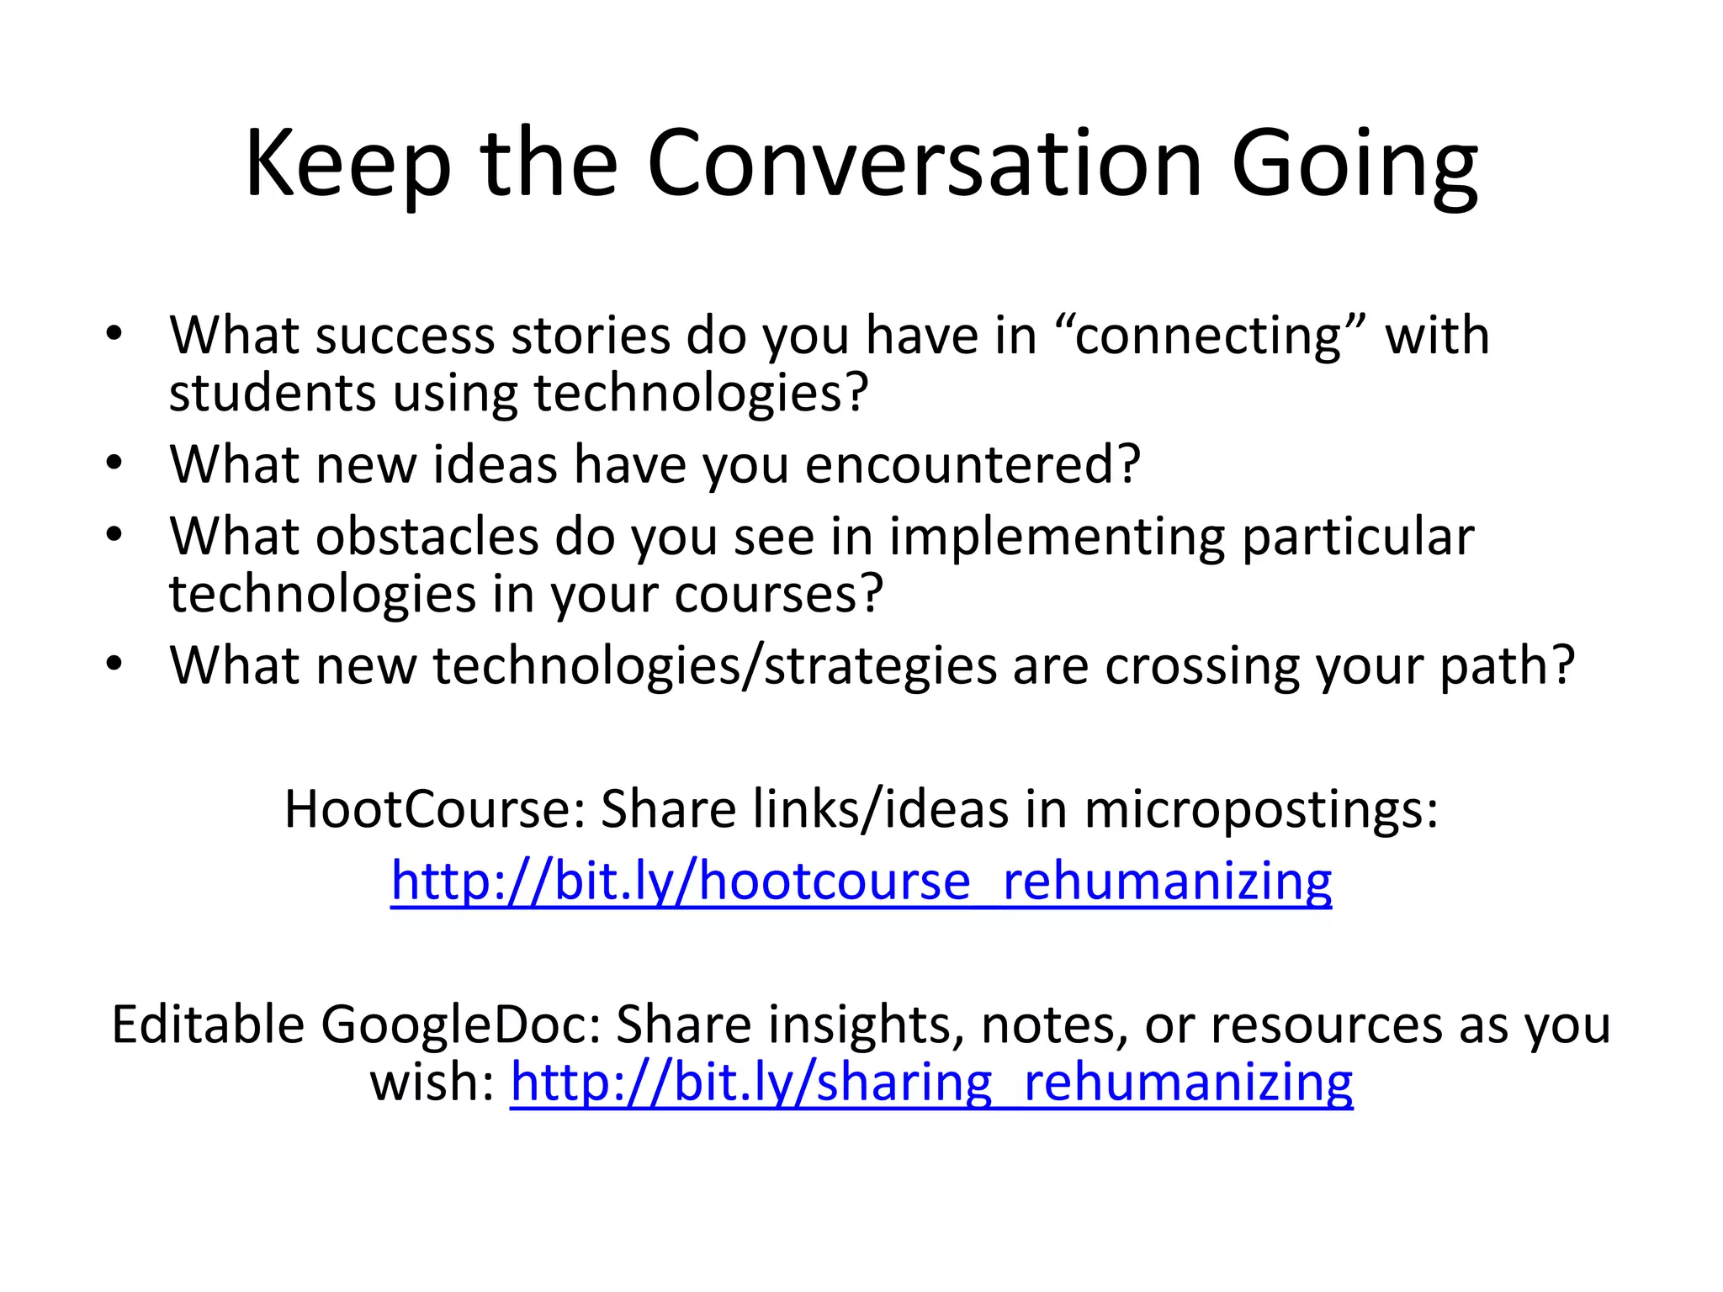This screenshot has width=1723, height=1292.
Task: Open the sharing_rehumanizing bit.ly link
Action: point(931,1082)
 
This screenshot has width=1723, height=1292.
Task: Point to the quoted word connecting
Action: point(1208,335)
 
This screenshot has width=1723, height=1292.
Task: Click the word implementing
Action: point(1058,538)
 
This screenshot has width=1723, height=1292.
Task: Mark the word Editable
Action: point(208,1025)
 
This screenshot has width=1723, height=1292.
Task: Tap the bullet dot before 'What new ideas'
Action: point(114,463)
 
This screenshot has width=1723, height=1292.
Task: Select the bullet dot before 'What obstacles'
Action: point(114,536)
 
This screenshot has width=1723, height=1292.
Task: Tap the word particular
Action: point(1358,538)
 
